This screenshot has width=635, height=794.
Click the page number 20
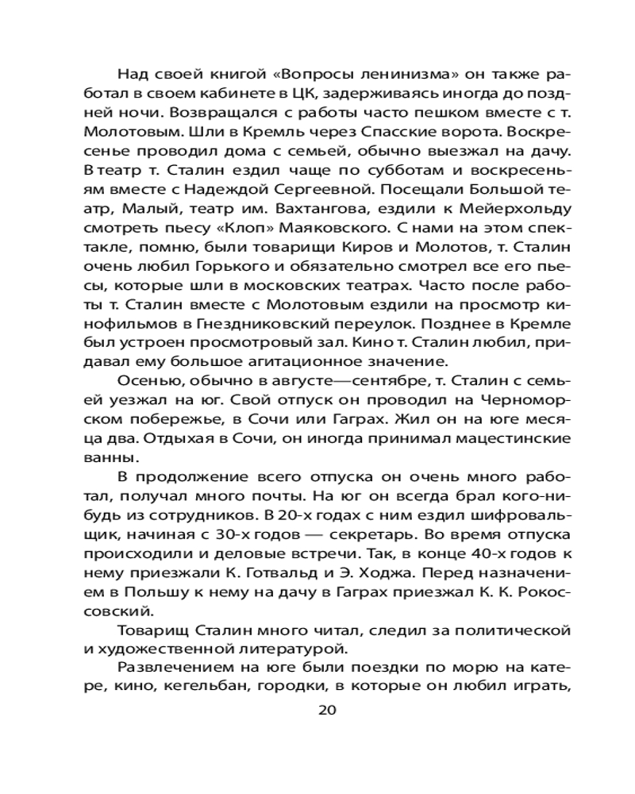click(327, 709)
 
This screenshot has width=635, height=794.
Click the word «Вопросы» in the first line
click(289, 75)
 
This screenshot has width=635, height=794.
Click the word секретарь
click(341, 520)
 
